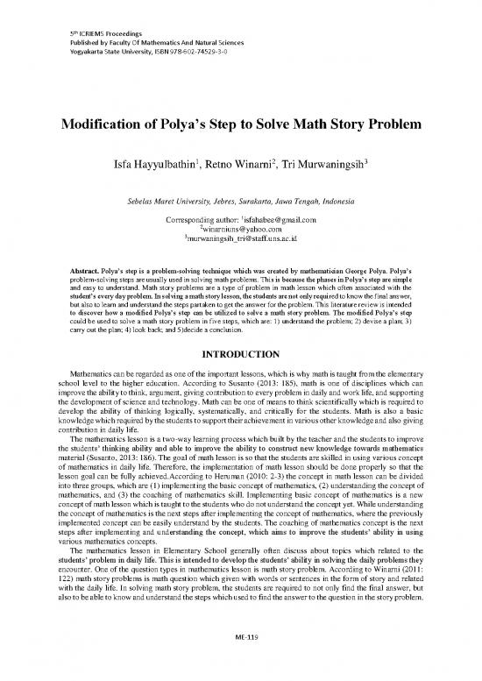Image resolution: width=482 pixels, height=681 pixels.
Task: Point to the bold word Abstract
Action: pos(85,264)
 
